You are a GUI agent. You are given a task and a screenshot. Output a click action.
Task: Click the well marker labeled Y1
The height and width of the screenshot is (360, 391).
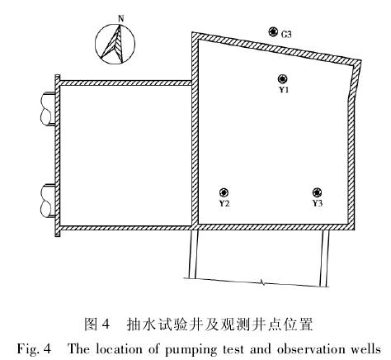point(283,79)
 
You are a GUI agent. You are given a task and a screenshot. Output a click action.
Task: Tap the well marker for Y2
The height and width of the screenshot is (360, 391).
point(224,192)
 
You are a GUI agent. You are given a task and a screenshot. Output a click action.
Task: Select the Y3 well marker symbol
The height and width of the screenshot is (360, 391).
point(318,192)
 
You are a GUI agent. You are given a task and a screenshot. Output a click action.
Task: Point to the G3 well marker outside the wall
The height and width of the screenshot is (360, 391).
point(273,32)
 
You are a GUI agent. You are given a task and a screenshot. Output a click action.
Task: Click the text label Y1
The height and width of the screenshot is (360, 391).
point(284,90)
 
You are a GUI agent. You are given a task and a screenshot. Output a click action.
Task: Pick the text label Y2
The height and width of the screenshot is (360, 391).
point(224,203)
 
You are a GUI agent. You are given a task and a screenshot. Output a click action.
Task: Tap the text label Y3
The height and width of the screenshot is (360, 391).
point(318,203)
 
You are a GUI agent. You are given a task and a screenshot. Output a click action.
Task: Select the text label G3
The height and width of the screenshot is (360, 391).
point(286,35)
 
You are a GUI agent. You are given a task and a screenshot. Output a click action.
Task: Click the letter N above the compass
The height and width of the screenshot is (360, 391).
point(120,19)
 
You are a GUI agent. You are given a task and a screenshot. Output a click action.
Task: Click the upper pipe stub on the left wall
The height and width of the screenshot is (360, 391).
point(48,109)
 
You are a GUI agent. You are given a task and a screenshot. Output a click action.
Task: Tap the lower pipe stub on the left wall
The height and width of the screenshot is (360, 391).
point(48,201)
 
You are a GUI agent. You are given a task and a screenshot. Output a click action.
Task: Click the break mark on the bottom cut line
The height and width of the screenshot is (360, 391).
point(262,282)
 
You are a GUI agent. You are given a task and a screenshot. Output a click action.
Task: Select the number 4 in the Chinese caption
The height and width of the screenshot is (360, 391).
point(106,324)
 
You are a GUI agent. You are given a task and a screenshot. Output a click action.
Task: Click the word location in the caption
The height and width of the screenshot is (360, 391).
point(120,349)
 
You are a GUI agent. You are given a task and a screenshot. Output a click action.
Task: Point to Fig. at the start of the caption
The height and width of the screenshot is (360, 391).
point(27,349)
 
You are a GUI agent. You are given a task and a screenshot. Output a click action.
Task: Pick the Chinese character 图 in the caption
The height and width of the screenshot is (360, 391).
point(91,324)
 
